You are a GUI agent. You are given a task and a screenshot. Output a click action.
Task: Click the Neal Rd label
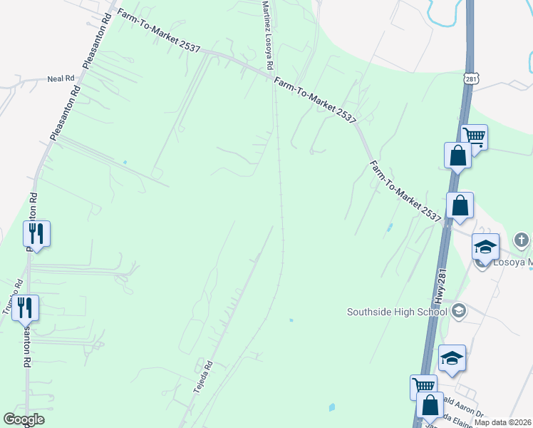click(61, 78)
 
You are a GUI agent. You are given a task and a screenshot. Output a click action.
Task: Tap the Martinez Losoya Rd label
click(266, 34)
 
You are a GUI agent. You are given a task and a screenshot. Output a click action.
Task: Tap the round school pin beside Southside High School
click(459, 310)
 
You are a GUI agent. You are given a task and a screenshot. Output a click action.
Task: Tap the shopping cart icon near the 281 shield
click(474, 136)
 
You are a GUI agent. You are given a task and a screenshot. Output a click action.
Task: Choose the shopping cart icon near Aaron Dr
click(423, 386)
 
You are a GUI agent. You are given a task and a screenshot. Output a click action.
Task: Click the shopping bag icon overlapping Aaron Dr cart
click(431, 405)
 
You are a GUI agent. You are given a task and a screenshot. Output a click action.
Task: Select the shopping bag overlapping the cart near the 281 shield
click(457, 154)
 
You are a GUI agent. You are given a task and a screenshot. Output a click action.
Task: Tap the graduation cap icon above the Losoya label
click(485, 247)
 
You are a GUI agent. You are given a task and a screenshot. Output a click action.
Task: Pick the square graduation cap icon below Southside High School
click(451, 358)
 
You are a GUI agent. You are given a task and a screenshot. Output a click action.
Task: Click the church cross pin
click(522, 240)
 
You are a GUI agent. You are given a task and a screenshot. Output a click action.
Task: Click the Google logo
click(24, 419)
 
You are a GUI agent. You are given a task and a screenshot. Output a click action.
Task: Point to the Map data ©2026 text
click(503, 422)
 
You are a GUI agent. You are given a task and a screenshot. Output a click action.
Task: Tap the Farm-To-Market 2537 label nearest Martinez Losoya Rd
click(314, 101)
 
